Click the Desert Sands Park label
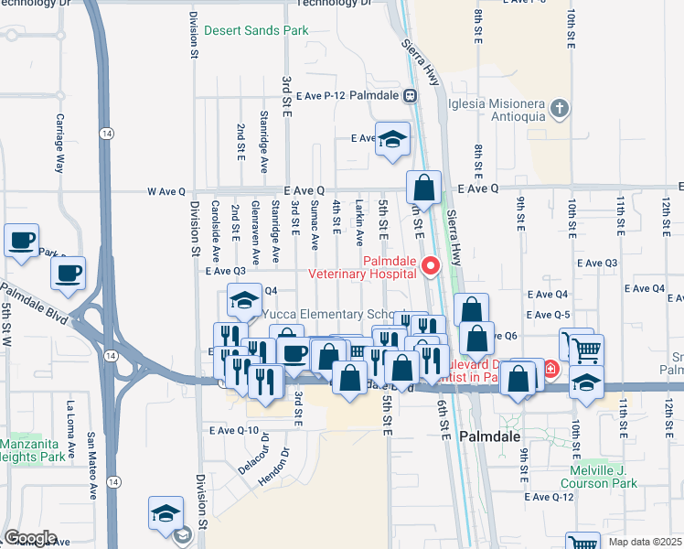256,30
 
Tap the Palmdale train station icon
411,94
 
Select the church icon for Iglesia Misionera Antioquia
560,109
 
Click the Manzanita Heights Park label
31,448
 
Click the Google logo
30,537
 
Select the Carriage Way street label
60,144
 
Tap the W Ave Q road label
166,191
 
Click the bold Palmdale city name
490,436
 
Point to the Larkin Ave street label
359,223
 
